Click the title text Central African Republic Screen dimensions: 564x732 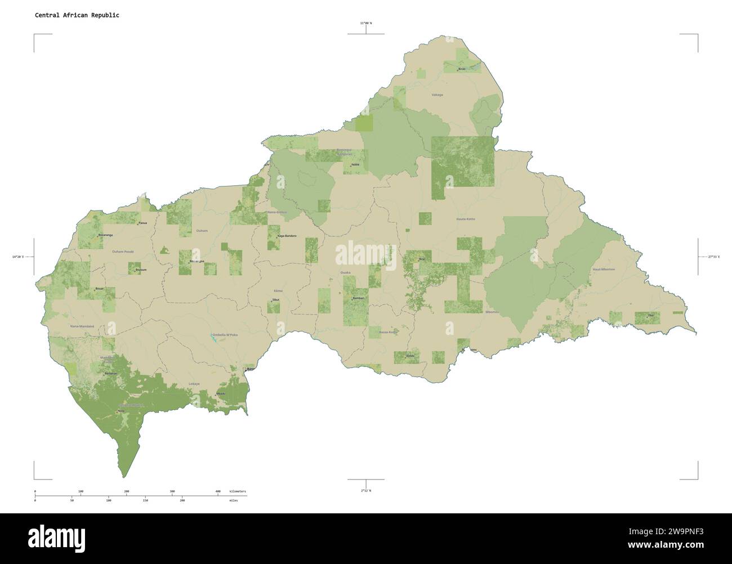coord(77,15)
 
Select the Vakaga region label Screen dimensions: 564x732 coord(437,95)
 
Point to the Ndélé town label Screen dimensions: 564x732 coord(355,165)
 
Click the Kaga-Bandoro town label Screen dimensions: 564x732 coord(287,236)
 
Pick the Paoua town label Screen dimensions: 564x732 coord(144,223)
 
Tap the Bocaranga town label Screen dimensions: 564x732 coord(105,235)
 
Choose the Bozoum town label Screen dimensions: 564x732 coord(140,270)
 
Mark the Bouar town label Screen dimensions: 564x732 coord(100,289)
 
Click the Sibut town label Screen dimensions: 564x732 coord(275,299)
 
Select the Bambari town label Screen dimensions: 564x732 coord(358,298)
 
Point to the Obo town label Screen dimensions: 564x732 coord(650,315)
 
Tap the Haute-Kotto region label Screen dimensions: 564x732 coord(465,218)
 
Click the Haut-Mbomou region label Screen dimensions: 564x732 coord(604,270)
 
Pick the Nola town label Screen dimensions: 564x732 coord(121,411)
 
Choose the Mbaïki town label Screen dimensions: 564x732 coord(221,393)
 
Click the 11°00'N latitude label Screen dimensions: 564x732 coord(366,23)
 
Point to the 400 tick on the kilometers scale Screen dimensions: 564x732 coord(218,491)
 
